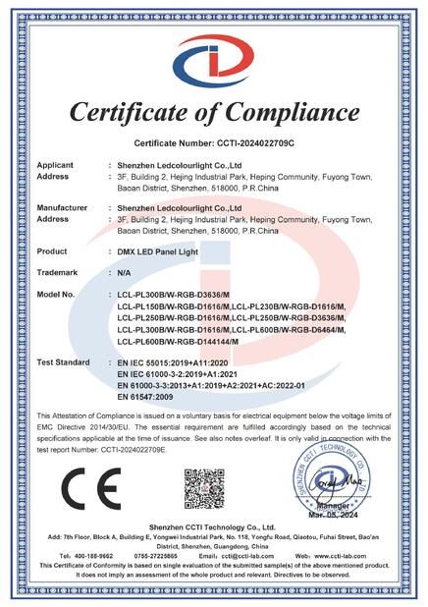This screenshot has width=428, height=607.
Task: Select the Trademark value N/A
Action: coord(125,272)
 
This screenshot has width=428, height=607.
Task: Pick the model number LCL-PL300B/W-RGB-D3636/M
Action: coord(175,294)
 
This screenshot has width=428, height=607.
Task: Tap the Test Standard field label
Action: coord(64,362)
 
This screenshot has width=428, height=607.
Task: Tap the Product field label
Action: coord(51,250)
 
